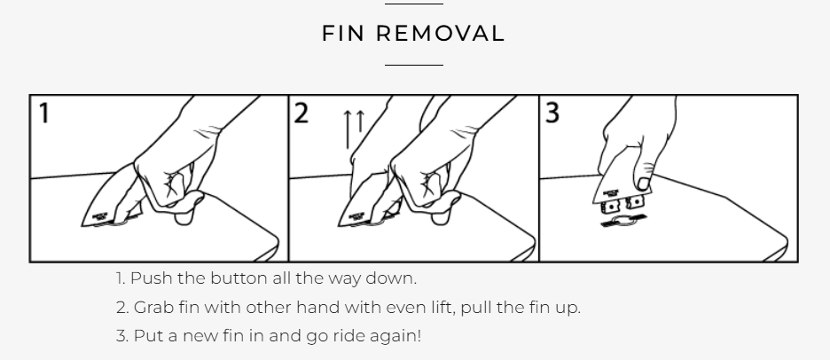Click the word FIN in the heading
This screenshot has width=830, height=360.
click(x=343, y=34)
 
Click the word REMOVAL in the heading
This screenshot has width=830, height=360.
click(x=441, y=34)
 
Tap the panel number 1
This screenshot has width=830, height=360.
click(x=44, y=113)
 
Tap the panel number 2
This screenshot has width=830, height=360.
click(x=301, y=113)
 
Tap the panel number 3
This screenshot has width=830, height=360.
click(x=552, y=113)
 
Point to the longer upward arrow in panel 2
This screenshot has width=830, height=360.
click(x=348, y=129)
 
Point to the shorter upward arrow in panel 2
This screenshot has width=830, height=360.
click(x=361, y=121)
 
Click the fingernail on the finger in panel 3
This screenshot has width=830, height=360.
click(x=644, y=184)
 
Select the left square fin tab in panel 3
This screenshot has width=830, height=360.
click(x=611, y=206)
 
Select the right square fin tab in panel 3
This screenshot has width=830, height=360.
click(x=635, y=201)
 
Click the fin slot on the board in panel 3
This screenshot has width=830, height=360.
click(x=623, y=222)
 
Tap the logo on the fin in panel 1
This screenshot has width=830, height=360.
click(x=100, y=216)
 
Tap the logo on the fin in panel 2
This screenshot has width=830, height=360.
click(x=356, y=216)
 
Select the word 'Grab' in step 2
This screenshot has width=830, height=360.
click(x=153, y=307)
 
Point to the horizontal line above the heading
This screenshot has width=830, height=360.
click(x=414, y=4)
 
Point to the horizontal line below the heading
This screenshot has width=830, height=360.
click(x=414, y=65)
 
